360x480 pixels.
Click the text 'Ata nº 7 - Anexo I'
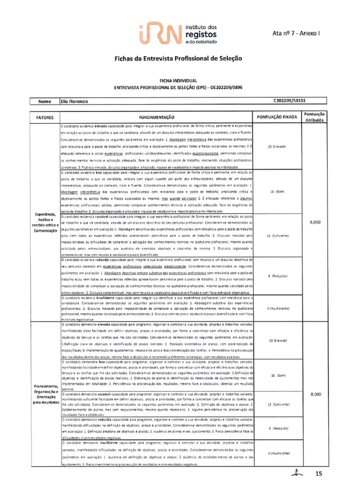point(295,33)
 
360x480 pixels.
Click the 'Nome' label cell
point(45,101)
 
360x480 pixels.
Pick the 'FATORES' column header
point(45,117)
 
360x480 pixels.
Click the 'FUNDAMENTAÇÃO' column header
point(156,117)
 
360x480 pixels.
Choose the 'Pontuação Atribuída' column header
point(315,117)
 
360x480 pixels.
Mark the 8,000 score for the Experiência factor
point(315,223)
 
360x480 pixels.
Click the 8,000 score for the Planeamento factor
point(315,395)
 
